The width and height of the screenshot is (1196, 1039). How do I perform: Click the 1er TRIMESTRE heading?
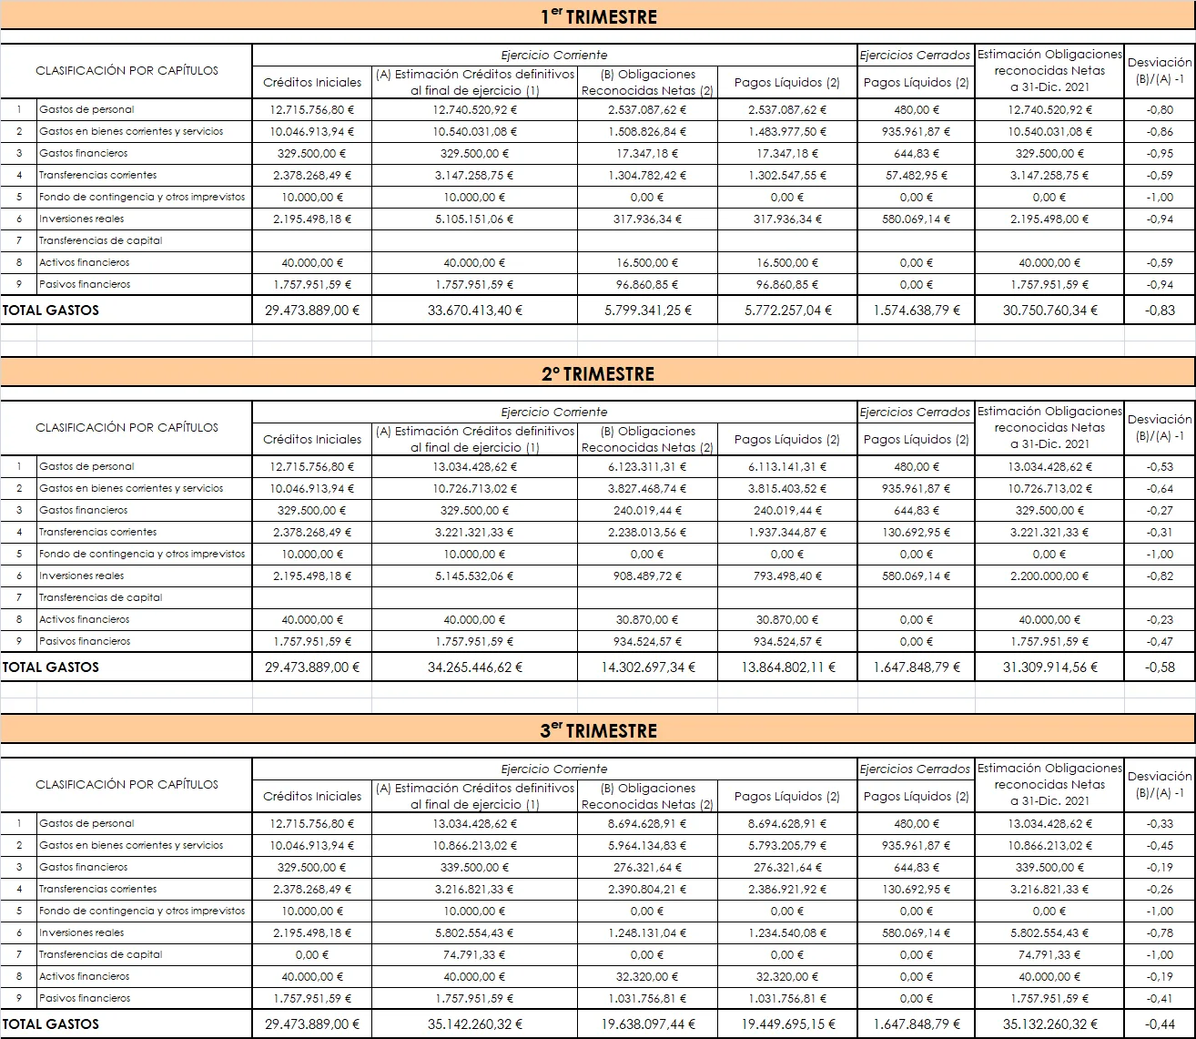point(598,16)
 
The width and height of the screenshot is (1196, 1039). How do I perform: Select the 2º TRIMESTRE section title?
point(598,373)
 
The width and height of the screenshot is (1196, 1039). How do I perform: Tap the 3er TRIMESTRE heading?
point(598,730)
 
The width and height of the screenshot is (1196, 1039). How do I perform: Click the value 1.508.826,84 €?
point(646,131)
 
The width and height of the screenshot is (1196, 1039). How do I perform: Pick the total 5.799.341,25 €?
point(646,310)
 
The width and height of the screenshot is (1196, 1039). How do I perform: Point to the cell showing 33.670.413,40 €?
point(474,310)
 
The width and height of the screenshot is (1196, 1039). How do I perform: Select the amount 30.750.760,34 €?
point(1049,310)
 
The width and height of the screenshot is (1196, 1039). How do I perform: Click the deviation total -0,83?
point(1160,310)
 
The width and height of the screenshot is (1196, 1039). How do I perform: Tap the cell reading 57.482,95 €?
point(916,175)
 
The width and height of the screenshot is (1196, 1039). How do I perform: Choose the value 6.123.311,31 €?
point(646,466)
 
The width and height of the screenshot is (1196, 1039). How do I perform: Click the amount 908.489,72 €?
point(646,576)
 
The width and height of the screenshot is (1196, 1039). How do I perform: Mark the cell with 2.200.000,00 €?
point(1049,576)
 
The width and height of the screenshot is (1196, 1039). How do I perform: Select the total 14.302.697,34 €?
point(646,667)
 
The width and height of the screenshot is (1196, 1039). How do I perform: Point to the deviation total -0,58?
point(1160,667)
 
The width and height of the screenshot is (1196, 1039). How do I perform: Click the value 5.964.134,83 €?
point(646,845)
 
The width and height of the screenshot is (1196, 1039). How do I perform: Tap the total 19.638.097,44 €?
point(646,1024)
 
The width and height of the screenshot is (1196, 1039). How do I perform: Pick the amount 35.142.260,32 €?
point(474,1024)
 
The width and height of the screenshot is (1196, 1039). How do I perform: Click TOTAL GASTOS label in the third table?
point(51,1024)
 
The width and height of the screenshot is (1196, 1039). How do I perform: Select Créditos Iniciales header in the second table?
point(312,439)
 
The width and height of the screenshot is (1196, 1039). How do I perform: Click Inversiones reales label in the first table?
point(82,219)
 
